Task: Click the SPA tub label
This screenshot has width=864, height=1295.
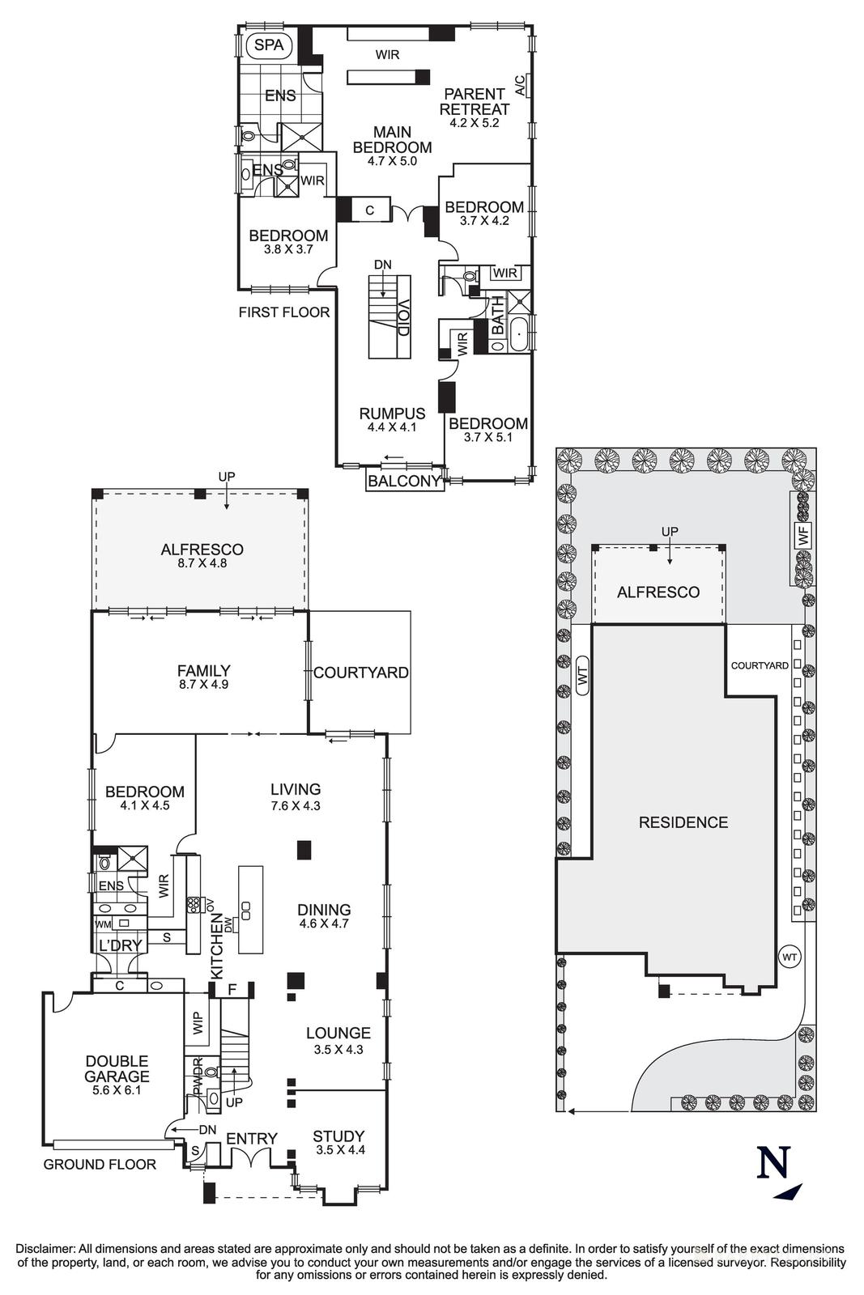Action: (270, 45)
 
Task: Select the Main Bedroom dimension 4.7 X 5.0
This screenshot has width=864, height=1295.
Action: (392, 161)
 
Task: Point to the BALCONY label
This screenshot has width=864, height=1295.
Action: (404, 481)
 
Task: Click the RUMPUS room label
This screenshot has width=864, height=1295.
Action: (392, 414)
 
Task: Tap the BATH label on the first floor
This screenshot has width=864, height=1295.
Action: (496, 316)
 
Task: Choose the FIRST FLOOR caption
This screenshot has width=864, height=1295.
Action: (284, 312)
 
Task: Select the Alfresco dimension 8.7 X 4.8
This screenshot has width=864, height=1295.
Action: (202, 562)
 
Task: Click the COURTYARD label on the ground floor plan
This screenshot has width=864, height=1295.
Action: (361, 673)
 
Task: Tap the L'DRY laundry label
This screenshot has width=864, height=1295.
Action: (121, 945)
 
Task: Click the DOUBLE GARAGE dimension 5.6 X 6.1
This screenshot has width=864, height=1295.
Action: (117, 1090)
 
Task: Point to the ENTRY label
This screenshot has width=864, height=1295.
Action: (252, 1138)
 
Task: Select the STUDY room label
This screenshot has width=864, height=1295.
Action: (338, 1136)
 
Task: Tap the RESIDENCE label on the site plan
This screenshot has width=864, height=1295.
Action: (683, 822)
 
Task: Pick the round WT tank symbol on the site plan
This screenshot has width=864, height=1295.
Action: (790, 957)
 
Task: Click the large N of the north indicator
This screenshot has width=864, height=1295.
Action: (774, 1161)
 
